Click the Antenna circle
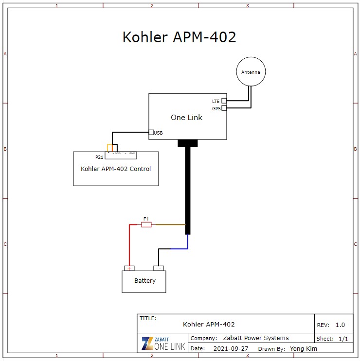[251, 72]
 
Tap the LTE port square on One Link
[224, 101]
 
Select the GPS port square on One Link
[224, 108]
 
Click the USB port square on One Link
[151, 132]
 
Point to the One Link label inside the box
[186, 118]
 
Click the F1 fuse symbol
[146, 224]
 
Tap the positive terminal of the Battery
[129, 268]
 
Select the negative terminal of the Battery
[159, 268]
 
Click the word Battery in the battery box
[145, 281]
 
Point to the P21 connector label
[99, 157]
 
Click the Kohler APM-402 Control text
[116, 169]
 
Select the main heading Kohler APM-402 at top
[179, 37]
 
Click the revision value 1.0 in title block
[340, 325]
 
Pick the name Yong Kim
[304, 348]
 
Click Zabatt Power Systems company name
[255, 338]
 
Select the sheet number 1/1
[343, 339]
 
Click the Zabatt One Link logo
[162, 343]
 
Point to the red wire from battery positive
[129, 245]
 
